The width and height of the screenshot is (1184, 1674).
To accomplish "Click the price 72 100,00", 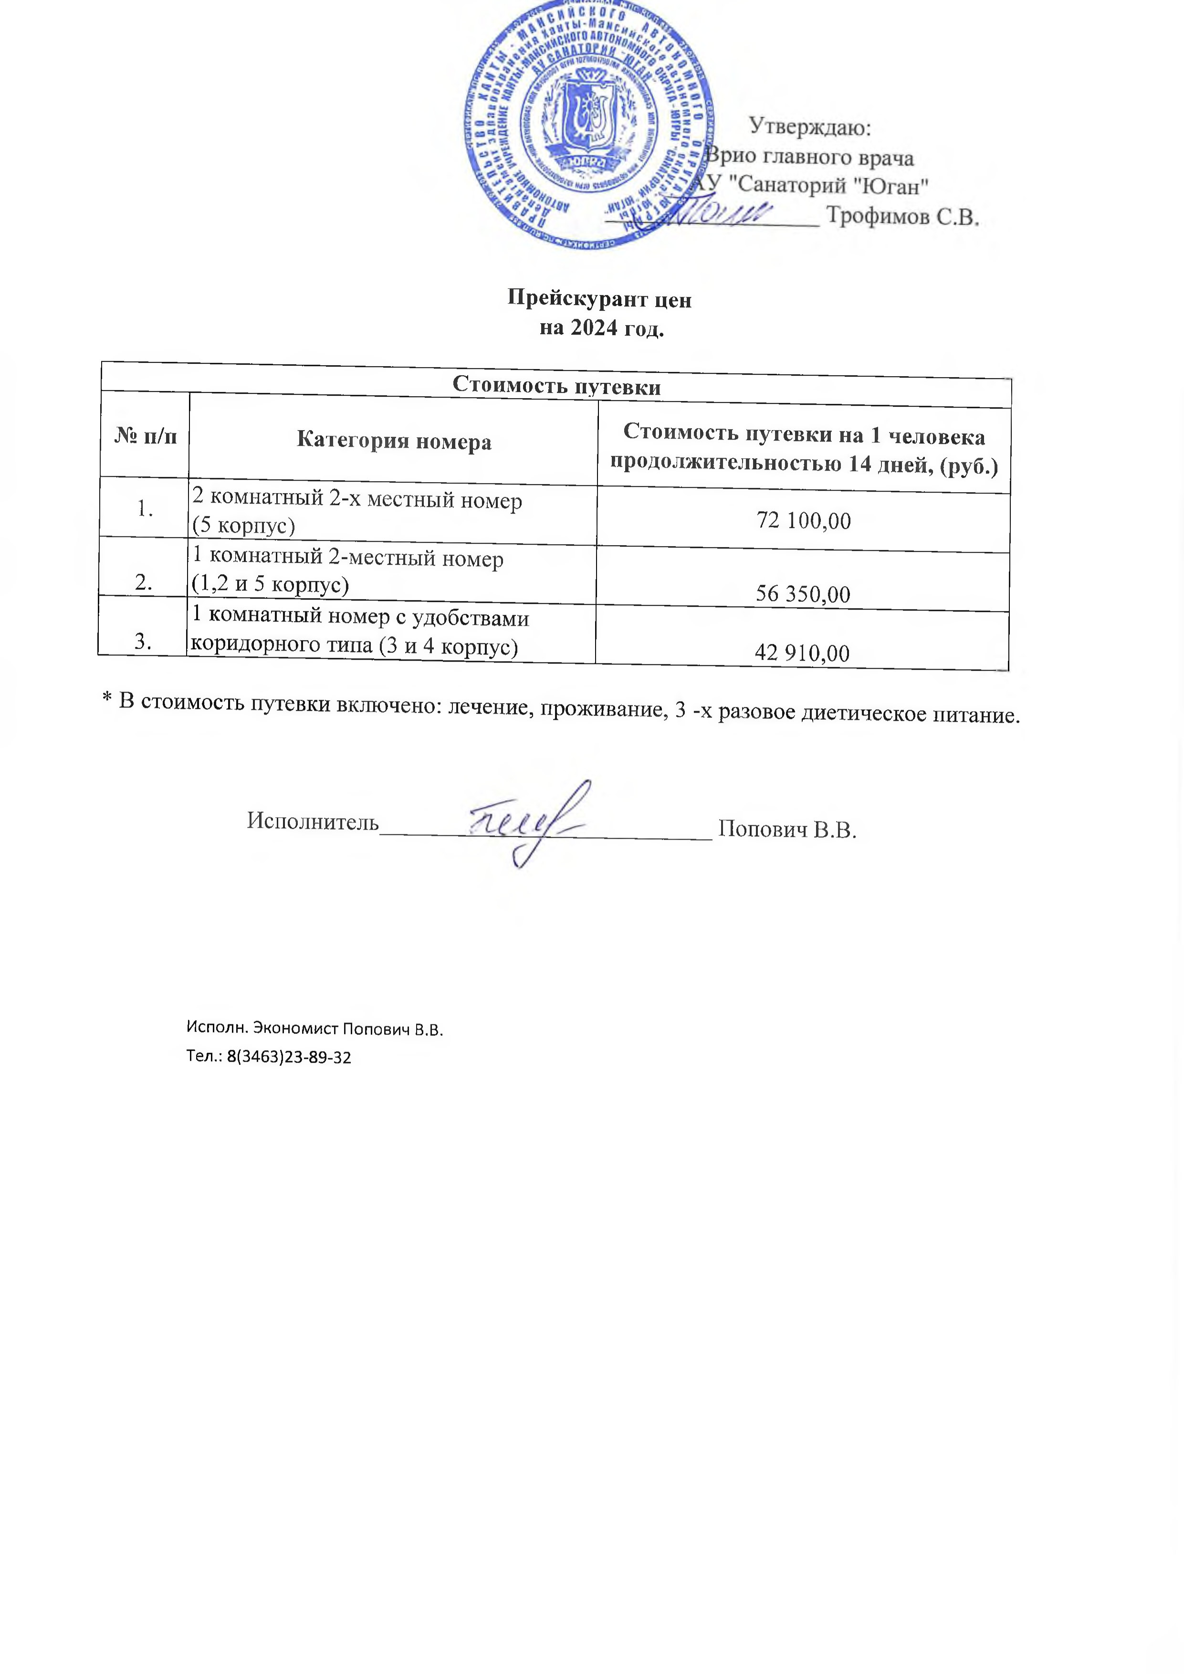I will point(804,521).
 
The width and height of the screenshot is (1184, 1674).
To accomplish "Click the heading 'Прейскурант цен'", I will point(599,300).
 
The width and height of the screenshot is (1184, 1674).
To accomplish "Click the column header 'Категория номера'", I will point(394,441).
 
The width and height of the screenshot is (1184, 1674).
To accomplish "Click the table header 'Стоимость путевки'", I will point(556,385).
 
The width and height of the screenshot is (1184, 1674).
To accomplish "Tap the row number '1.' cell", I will point(144,508).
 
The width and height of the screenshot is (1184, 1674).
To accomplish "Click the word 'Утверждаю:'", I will point(810,127).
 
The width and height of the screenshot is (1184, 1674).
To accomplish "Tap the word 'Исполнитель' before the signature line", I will point(313,821).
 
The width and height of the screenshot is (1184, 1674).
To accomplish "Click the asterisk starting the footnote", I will point(106,699).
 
